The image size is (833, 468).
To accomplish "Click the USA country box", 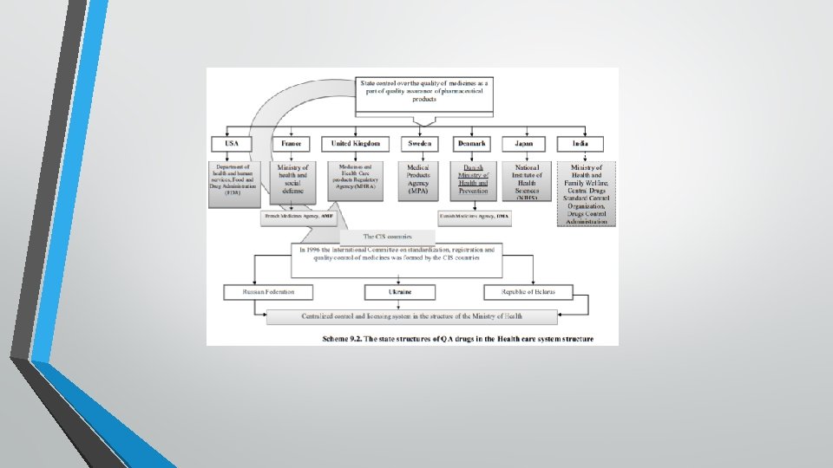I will point(232,143).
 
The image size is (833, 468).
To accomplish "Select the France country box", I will point(292,143).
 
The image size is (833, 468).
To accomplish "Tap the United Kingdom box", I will point(355,143).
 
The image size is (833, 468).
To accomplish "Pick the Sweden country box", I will point(419,143).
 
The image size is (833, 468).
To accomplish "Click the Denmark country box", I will point(473,143).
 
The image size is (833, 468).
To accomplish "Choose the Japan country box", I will point(528,143).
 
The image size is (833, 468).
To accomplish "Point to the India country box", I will point(586,143).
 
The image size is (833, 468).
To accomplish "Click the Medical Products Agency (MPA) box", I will point(419,181).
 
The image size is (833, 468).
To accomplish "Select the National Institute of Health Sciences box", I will point(528,181).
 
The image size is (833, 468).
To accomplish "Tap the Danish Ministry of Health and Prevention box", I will point(474,181).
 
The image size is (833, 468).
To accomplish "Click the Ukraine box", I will point(400,293).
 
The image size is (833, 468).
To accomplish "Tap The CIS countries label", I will point(387,236).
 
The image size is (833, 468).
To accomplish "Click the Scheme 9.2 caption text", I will point(456,338).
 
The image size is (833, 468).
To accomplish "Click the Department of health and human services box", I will point(234,183).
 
